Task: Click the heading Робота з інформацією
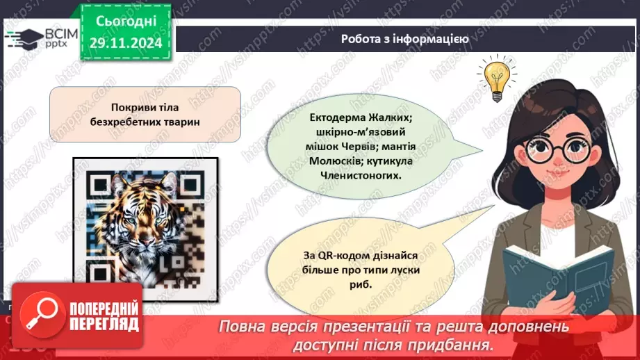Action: click(x=404, y=39)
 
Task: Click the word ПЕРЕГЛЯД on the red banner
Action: click(x=106, y=325)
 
